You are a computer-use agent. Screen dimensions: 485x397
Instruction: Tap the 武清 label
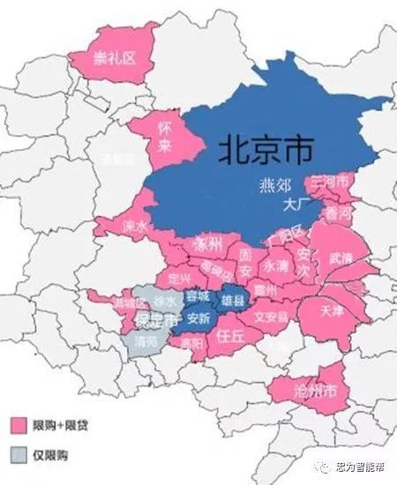click(340, 258)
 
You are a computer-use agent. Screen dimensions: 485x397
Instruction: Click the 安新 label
click(198, 317)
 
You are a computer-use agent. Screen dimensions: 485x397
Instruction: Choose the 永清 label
click(275, 265)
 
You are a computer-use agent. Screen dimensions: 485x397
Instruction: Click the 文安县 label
click(270, 314)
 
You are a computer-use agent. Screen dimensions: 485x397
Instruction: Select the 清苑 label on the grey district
click(146, 338)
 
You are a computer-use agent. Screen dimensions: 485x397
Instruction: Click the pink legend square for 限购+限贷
click(17, 425)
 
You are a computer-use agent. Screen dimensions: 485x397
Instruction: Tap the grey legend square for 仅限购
click(17, 455)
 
